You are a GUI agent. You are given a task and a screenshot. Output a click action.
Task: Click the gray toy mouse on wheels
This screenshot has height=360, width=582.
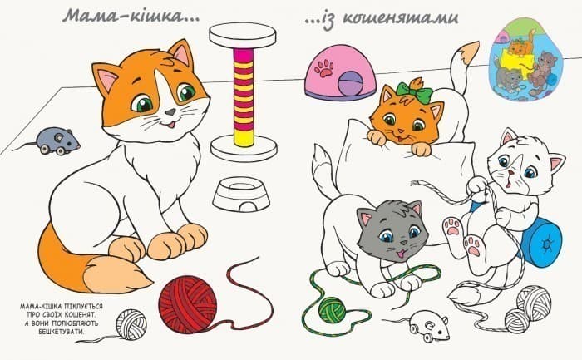pyautogui.click(x=57, y=141)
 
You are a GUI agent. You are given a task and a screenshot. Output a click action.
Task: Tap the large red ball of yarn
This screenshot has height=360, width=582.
pyautogui.click(x=187, y=304)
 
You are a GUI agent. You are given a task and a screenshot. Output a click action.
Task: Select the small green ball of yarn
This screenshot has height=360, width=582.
pyautogui.click(x=333, y=310)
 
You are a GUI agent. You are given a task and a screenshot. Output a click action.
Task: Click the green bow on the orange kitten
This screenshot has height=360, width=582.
pyautogui.click(x=415, y=93)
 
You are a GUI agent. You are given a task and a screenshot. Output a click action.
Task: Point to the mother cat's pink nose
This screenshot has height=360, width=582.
pyautogui.click(x=170, y=111)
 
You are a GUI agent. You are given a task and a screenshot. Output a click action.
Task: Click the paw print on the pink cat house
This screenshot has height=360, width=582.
pyautogui.click(x=324, y=67)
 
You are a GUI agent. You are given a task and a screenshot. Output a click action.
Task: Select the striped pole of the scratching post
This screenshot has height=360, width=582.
pyautogui.click(x=244, y=97)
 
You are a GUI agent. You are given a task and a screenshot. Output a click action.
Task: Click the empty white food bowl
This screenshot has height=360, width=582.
pyautogui.click(x=241, y=194)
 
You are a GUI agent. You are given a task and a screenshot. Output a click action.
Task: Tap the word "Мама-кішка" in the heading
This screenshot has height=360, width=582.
pyautogui.click(x=126, y=17)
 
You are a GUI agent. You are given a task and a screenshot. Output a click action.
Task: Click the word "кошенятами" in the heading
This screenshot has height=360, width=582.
pyautogui.click(x=400, y=17)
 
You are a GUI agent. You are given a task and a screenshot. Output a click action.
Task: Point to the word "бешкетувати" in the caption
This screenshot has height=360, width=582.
pyautogui.click(x=62, y=332)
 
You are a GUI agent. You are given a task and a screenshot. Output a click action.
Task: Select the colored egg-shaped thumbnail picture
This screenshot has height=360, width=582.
pyautogui.click(x=526, y=60)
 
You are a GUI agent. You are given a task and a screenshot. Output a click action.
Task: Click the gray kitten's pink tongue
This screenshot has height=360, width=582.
pyautogui.click(x=400, y=254)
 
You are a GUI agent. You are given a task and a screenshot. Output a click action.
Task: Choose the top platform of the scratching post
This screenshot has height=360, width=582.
pyautogui.click(x=243, y=35)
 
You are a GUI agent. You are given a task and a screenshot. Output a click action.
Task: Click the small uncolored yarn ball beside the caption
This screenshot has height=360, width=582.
pyautogui.click(x=131, y=325)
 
